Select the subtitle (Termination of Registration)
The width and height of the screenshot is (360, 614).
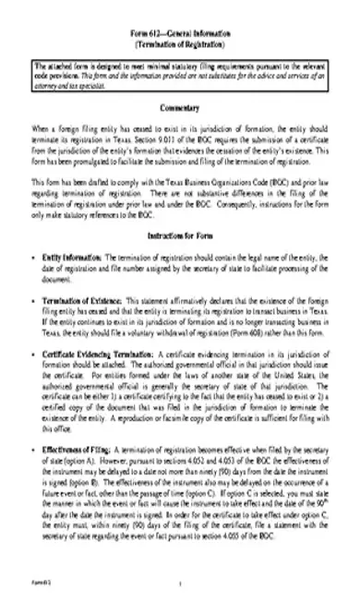coord(181,43)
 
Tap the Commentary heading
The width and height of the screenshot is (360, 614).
coord(181,109)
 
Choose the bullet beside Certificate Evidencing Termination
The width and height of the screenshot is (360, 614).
coord(32,354)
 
